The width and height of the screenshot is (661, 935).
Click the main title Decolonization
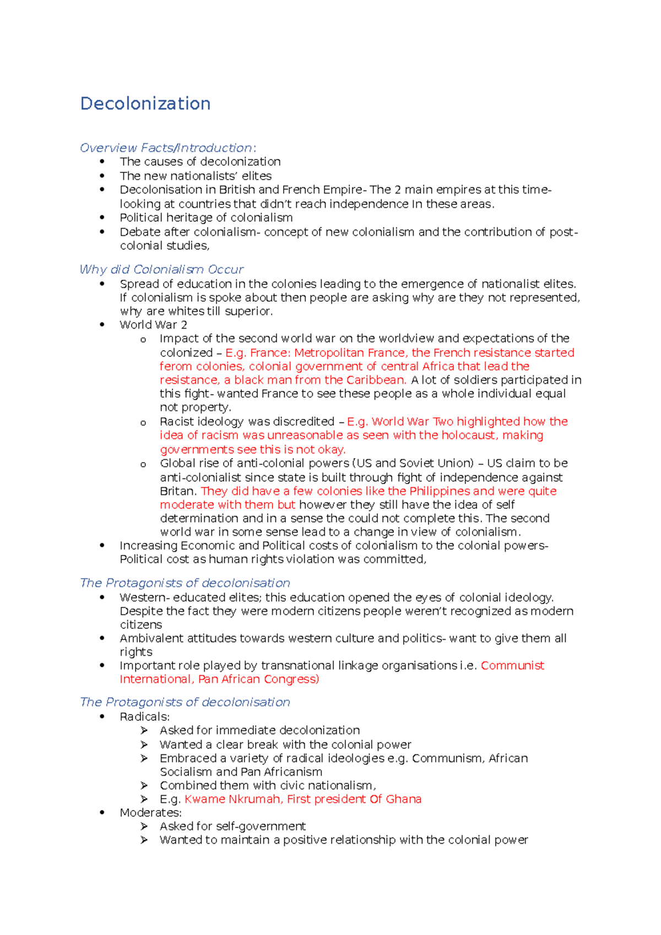pyautogui.click(x=145, y=104)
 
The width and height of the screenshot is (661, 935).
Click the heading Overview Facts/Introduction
pyautogui.click(x=167, y=148)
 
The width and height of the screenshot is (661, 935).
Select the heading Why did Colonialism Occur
pyautogui.click(x=161, y=269)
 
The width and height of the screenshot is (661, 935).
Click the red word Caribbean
pyautogui.click(x=376, y=380)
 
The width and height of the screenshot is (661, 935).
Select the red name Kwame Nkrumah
pyautogui.click(x=232, y=799)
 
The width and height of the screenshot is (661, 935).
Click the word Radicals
pyautogui.click(x=144, y=716)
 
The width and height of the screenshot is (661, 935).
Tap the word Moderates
pyautogui.click(x=150, y=812)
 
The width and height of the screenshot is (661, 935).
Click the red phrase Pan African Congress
pyautogui.click(x=258, y=679)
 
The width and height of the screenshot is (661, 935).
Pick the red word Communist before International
pyautogui.click(x=512, y=665)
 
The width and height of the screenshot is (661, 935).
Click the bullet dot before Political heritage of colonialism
pyautogui.click(x=102, y=218)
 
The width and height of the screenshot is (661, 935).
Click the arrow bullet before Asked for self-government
pyautogui.click(x=144, y=826)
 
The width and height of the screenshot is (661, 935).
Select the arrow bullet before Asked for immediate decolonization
pyautogui.click(x=144, y=730)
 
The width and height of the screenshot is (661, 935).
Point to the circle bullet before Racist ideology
pyautogui.click(x=143, y=422)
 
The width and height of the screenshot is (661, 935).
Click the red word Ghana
pyautogui.click(x=403, y=799)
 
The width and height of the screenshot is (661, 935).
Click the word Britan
pyautogui.click(x=178, y=491)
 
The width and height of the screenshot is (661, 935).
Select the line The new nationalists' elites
pyautogui.click(x=196, y=176)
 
